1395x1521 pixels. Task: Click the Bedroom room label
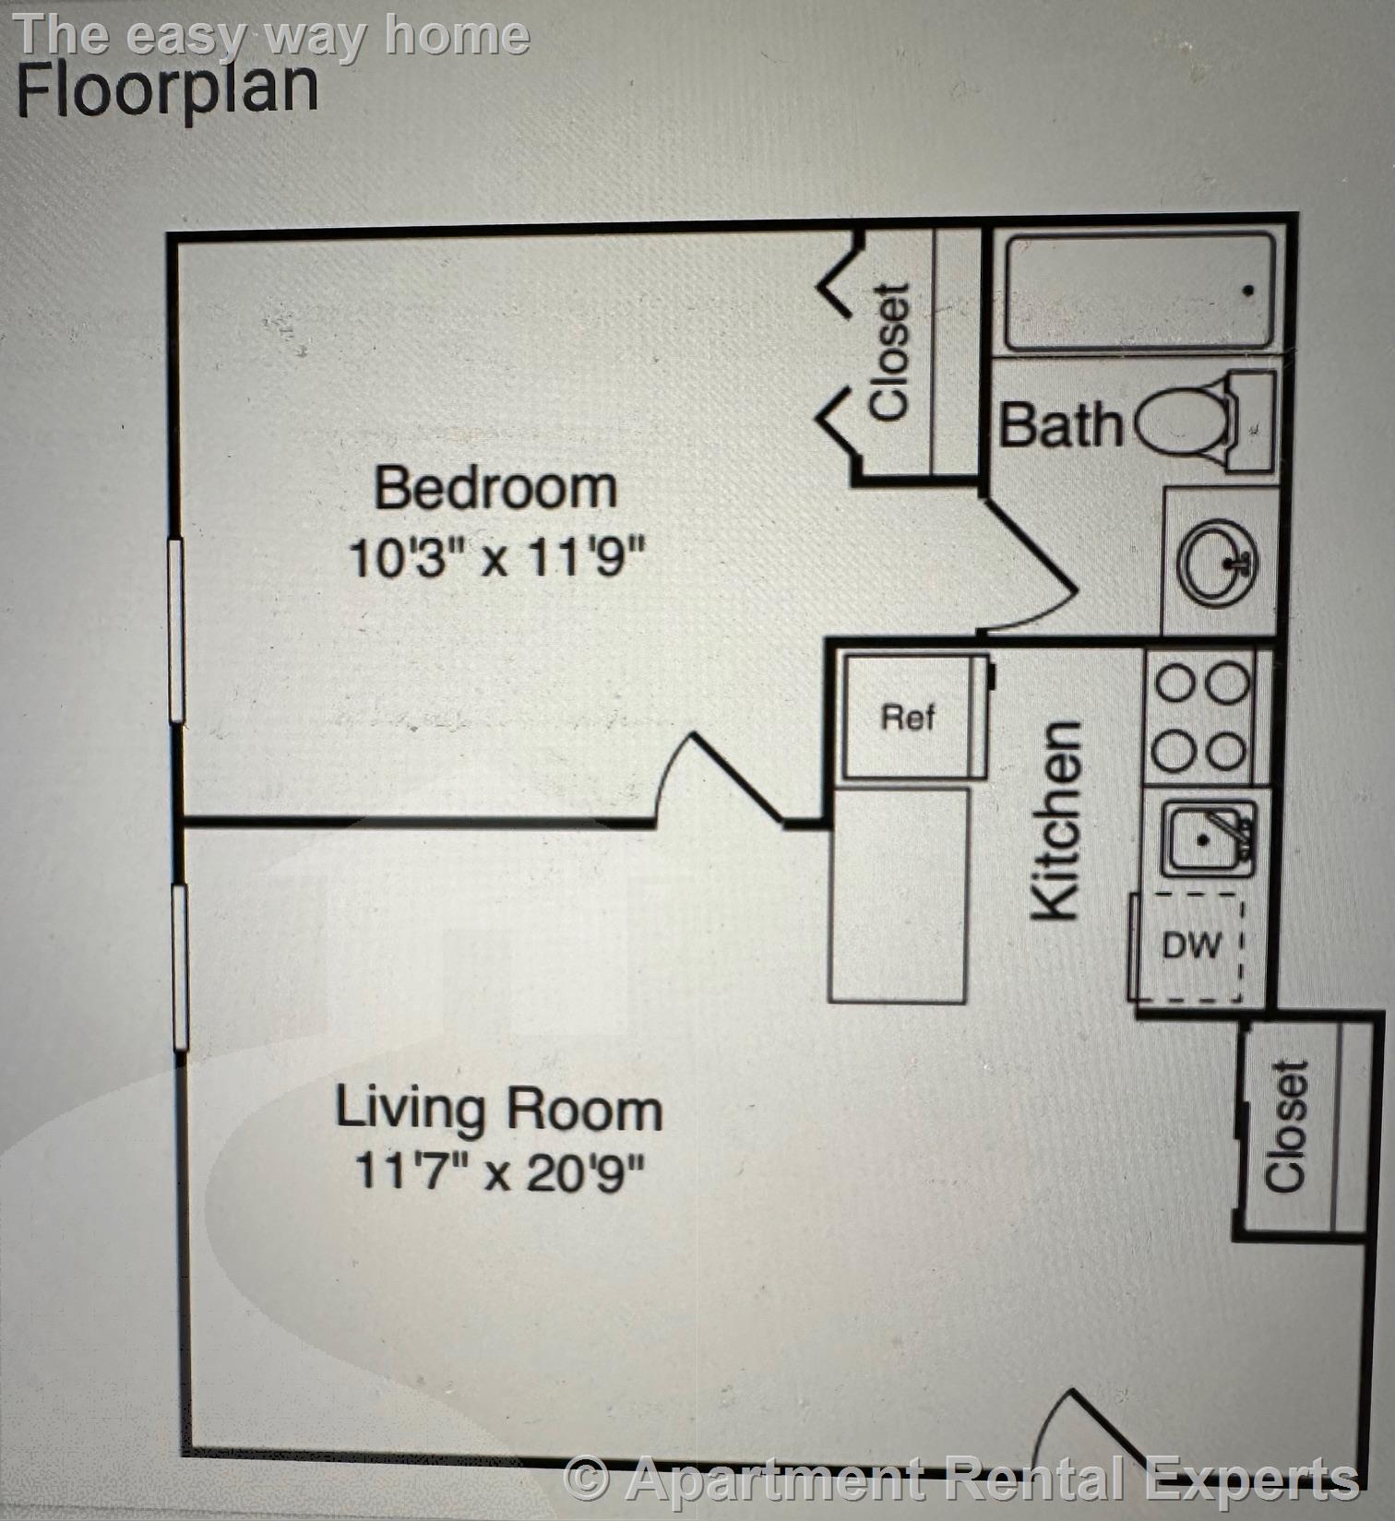(x=495, y=488)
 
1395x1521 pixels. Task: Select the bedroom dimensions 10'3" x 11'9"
(x=495, y=557)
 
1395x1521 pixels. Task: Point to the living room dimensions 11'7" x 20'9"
(x=499, y=1172)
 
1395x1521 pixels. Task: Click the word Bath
(x=1060, y=425)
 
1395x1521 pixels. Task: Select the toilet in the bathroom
(x=1205, y=421)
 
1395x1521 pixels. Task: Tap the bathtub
(x=1140, y=291)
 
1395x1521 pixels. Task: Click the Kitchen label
(x=1055, y=820)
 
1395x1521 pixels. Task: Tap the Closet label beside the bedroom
(x=890, y=351)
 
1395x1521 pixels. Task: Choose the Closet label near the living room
(x=1286, y=1125)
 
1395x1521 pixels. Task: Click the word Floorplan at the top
(x=167, y=89)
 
